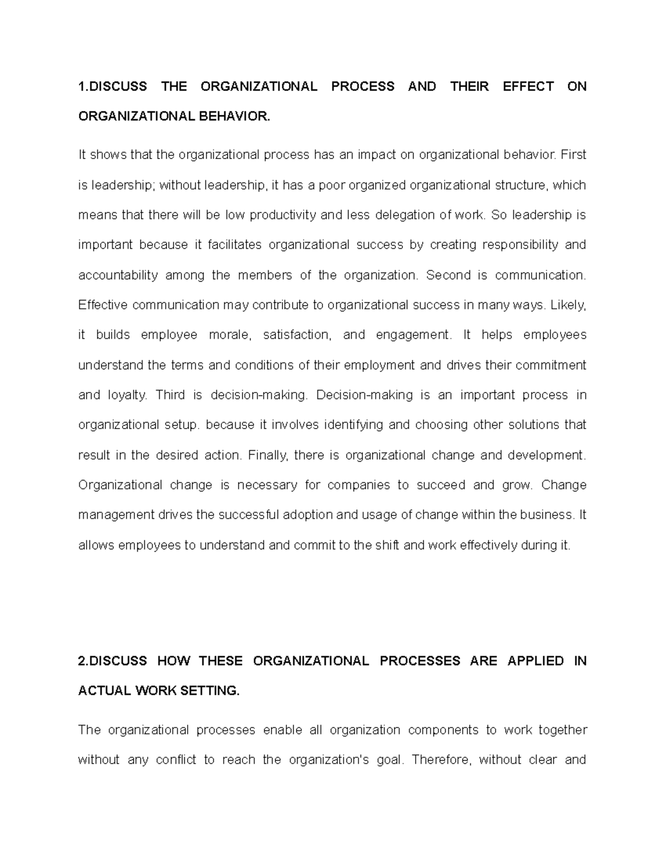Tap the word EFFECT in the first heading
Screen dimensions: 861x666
tap(528, 86)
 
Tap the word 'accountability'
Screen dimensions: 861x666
tap(118, 276)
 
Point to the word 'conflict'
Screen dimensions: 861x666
tap(176, 760)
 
